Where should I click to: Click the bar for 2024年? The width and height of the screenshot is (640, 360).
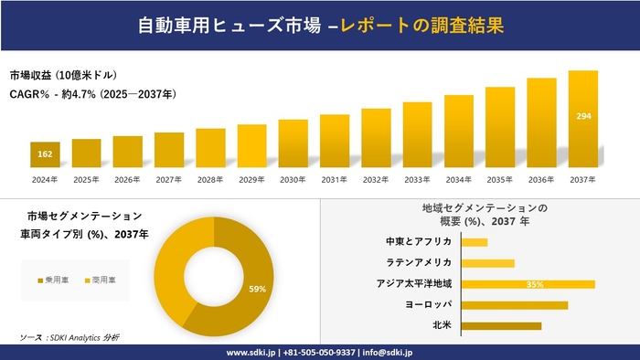(x=45, y=155)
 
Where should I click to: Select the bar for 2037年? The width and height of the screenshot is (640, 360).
(x=582, y=120)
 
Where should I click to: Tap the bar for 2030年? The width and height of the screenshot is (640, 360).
(x=293, y=144)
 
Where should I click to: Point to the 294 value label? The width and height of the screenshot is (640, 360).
(x=582, y=116)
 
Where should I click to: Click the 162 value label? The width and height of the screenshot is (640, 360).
(x=45, y=154)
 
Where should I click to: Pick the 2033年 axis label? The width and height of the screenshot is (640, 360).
(x=417, y=179)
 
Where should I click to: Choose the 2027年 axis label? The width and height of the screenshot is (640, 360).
(x=169, y=179)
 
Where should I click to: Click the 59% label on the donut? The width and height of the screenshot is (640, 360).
(x=257, y=290)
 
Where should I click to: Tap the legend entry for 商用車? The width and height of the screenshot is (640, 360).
(x=101, y=279)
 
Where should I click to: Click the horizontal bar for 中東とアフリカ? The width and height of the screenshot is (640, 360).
(x=475, y=242)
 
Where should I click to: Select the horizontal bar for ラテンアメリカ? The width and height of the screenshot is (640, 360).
(x=488, y=263)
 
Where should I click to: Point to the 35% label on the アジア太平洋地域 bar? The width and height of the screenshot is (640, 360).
(x=535, y=284)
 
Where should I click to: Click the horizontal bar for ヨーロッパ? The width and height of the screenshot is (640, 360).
(x=515, y=304)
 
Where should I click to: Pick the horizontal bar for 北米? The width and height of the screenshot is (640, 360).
(x=501, y=325)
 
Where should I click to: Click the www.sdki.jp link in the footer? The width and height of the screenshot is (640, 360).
(x=252, y=353)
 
